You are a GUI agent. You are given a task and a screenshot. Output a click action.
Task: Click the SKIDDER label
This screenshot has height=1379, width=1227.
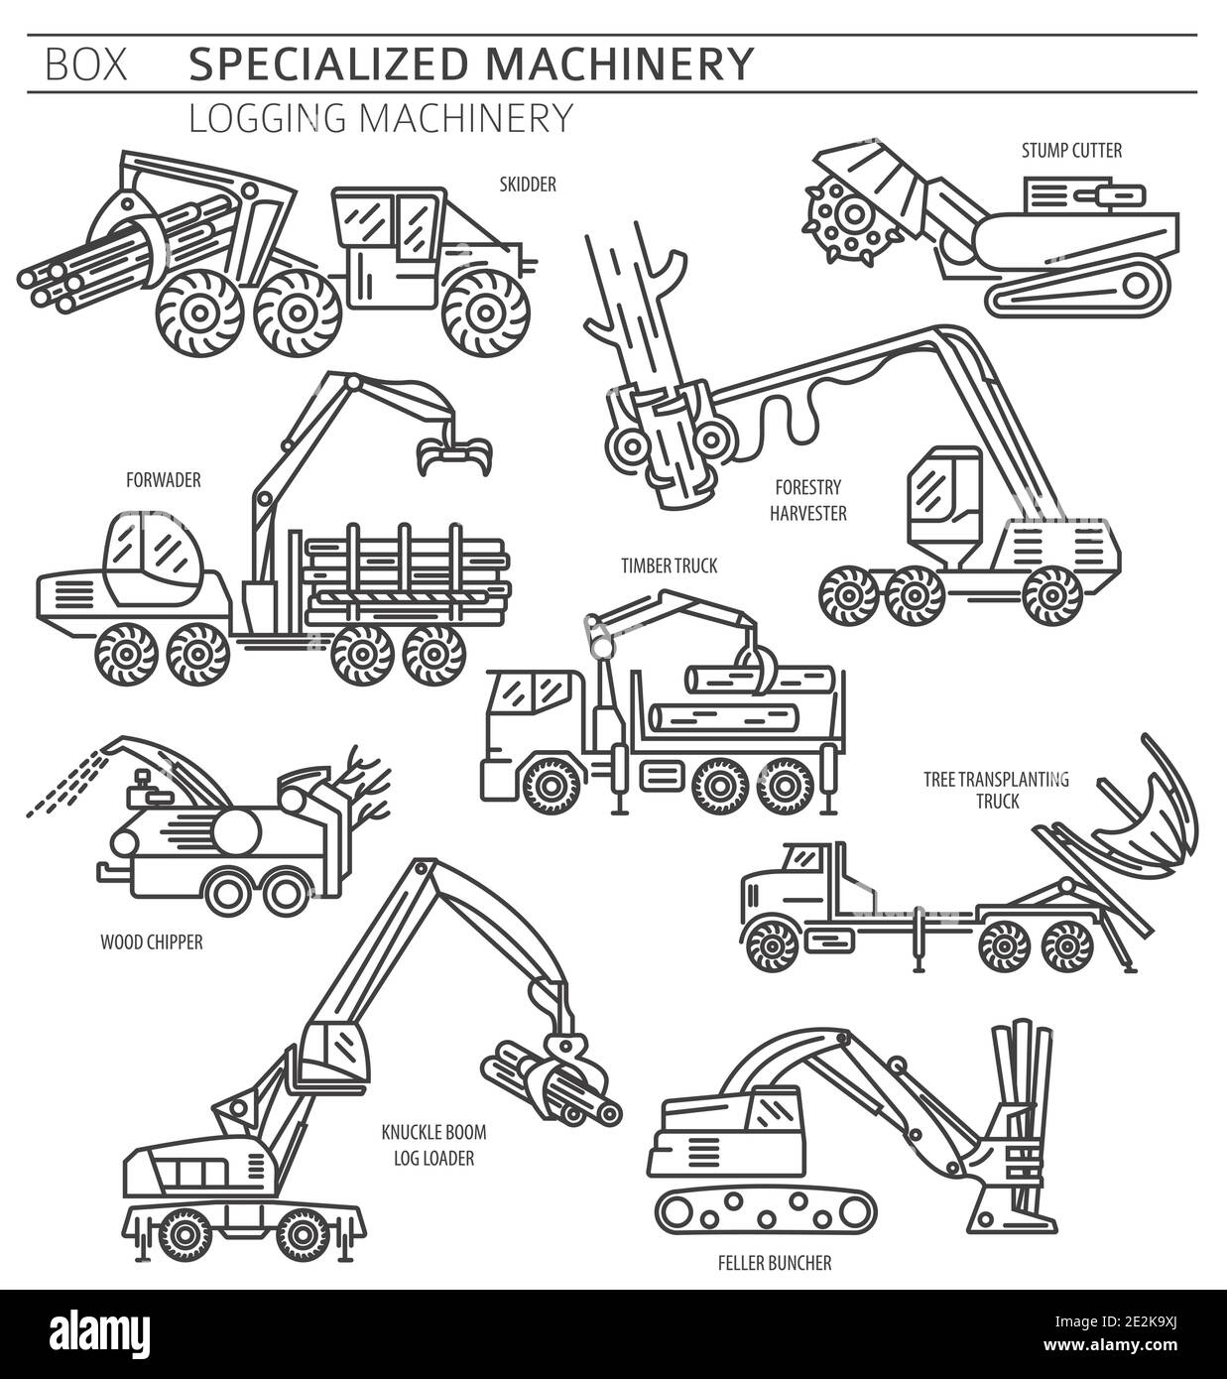[528, 185]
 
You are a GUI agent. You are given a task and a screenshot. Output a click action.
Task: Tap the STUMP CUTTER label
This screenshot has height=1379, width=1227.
[1071, 151]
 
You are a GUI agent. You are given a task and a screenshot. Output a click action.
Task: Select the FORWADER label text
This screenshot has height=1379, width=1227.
[164, 480]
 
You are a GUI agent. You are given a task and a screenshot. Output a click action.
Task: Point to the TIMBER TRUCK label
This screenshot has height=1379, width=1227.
[669, 565]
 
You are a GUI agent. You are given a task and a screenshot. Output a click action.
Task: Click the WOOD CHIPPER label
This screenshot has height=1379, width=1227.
[152, 942]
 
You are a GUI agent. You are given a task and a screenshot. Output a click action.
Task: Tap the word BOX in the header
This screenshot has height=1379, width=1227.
[85, 64]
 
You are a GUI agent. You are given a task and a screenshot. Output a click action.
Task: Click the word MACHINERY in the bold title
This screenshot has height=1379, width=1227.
[619, 63]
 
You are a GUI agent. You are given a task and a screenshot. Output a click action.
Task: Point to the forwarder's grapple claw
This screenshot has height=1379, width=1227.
[454, 454]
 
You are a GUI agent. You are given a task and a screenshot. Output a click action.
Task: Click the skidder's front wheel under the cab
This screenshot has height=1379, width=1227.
[484, 313]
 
